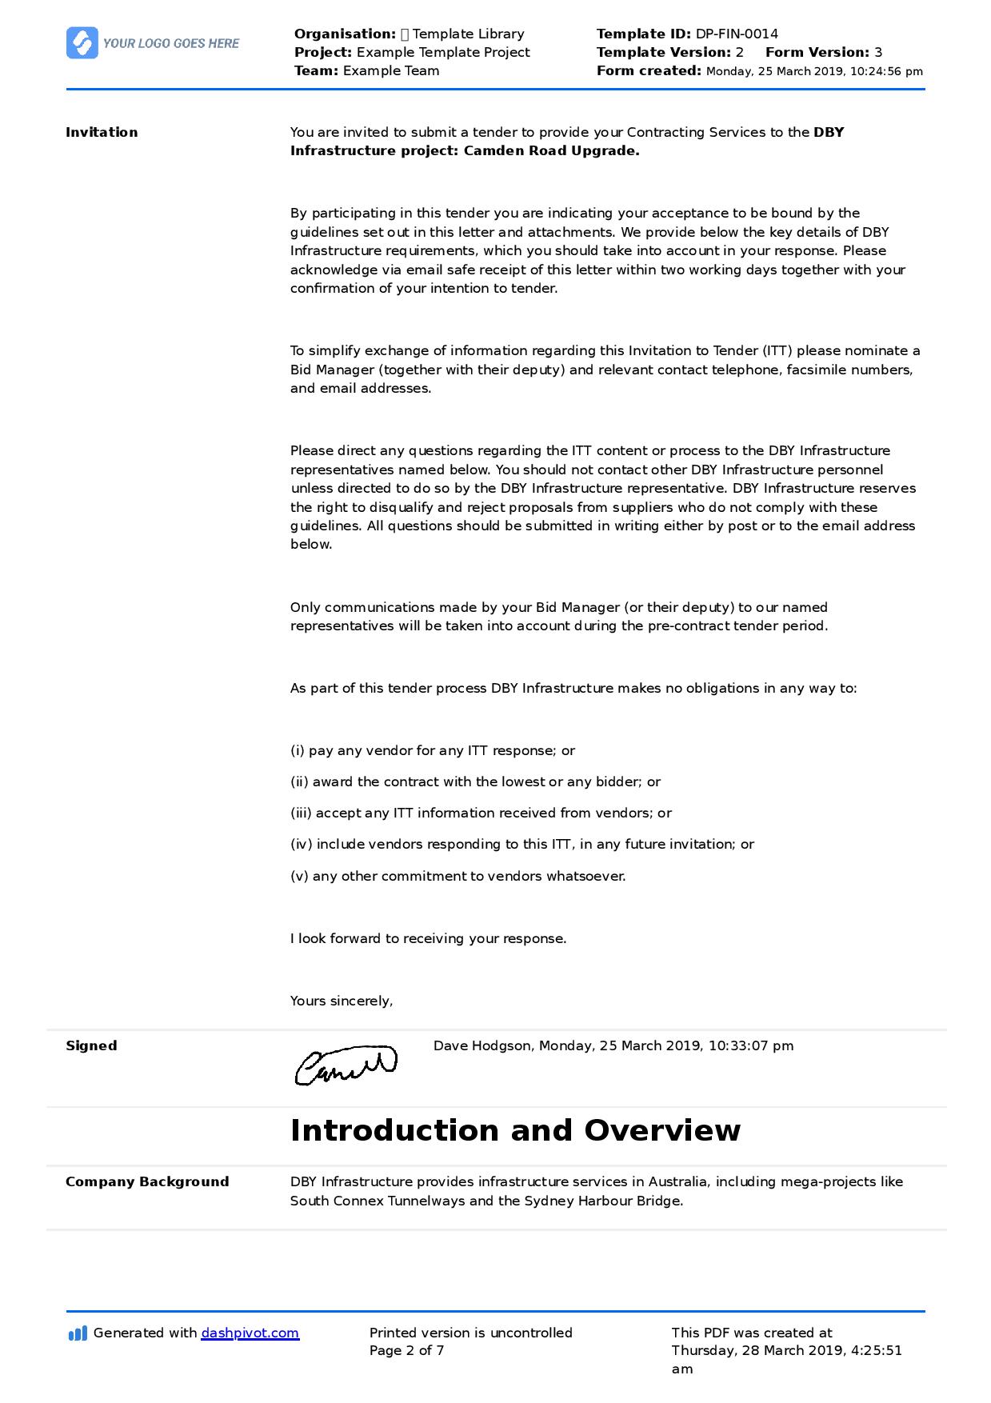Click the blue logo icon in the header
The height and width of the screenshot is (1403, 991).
click(82, 43)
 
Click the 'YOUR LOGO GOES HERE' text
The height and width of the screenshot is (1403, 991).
click(170, 44)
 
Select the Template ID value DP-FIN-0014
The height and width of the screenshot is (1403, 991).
click(736, 34)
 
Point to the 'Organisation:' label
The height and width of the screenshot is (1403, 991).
click(345, 34)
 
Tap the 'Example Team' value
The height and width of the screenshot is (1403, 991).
click(391, 70)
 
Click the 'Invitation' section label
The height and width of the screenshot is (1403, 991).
click(102, 132)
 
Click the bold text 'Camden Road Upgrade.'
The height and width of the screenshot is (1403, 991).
click(551, 150)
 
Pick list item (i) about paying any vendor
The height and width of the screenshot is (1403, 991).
click(432, 750)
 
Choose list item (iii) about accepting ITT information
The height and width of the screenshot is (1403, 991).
click(480, 813)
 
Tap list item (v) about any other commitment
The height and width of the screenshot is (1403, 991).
click(458, 876)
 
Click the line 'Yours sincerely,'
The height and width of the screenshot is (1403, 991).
click(341, 1001)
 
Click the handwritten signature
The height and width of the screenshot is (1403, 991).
click(346, 1065)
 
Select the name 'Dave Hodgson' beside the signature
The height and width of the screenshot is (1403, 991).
click(482, 1045)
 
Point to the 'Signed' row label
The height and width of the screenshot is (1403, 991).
click(91, 1045)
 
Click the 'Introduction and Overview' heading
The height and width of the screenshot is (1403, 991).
click(515, 1130)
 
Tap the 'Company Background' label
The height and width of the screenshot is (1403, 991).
click(147, 1181)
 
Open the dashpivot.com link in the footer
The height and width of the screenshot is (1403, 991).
click(250, 1333)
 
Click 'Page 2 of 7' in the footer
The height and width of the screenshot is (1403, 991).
click(406, 1350)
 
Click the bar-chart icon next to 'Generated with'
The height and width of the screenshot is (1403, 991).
click(78, 1333)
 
